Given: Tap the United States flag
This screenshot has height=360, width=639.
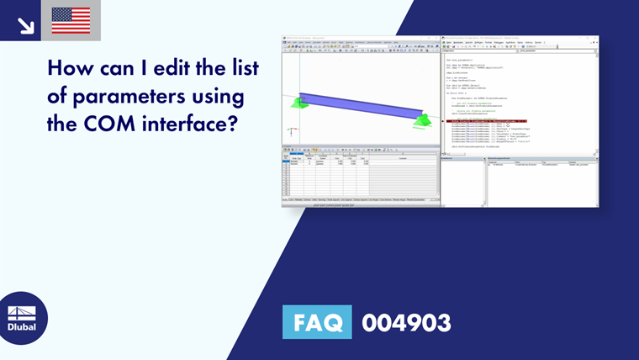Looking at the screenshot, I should [x=71, y=20].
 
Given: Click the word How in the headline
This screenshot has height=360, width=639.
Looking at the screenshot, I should [x=72, y=68].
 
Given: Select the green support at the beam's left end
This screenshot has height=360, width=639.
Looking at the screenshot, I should [x=299, y=103].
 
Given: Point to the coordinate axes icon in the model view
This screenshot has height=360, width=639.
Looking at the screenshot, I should [x=292, y=131].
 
